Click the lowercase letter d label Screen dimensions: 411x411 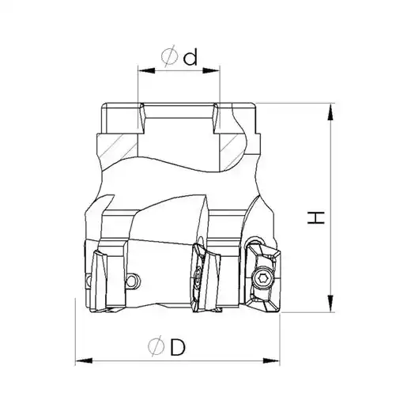190,58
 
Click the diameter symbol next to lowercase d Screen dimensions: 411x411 169,56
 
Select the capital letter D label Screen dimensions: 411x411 178,347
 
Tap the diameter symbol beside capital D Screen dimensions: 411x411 156,346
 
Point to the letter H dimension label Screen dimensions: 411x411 316,217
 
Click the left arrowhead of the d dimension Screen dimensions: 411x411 146,70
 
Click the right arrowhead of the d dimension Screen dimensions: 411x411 211,70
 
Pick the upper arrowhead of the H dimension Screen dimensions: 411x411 330,111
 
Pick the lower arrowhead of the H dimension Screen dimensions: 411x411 330,304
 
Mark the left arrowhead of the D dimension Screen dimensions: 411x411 84,360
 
